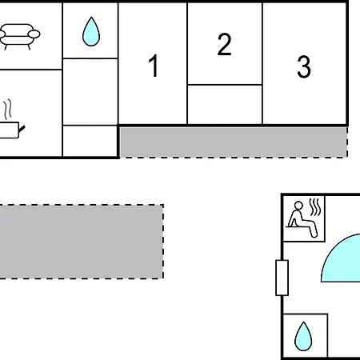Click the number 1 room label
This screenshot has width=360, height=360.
[x=154, y=66]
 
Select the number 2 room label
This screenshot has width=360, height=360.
[x=224, y=44]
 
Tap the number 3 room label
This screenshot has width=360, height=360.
[x=304, y=66]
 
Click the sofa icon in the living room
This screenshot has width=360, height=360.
[x=19, y=37]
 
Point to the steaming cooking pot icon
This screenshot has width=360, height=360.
[x=10, y=119]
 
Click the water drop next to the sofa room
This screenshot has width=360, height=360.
[x=91, y=31]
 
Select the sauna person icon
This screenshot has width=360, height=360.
[x=302, y=219]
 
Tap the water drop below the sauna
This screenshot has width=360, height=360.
[x=303, y=337]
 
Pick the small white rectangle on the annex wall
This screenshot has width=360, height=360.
[x=282, y=278]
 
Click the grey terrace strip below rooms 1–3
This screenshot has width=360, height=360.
[x=234, y=142]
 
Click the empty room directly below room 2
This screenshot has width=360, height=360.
[x=225, y=104]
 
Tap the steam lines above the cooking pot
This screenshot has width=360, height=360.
[x=8, y=110]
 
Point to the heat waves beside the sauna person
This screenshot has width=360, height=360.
[x=315, y=207]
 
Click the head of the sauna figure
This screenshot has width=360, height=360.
[x=298, y=206]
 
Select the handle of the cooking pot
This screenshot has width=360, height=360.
[x=22, y=130]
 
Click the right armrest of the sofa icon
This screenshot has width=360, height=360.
[x=34, y=34]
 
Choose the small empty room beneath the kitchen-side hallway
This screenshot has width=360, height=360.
[x=90, y=141]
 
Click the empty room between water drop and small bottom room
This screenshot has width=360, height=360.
[x=90, y=92]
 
